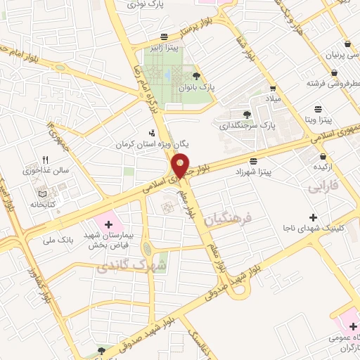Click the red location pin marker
click(x=181, y=165)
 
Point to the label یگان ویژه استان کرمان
click(x=143, y=143)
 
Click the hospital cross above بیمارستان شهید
click(x=108, y=224)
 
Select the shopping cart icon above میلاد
click(x=272, y=89)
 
